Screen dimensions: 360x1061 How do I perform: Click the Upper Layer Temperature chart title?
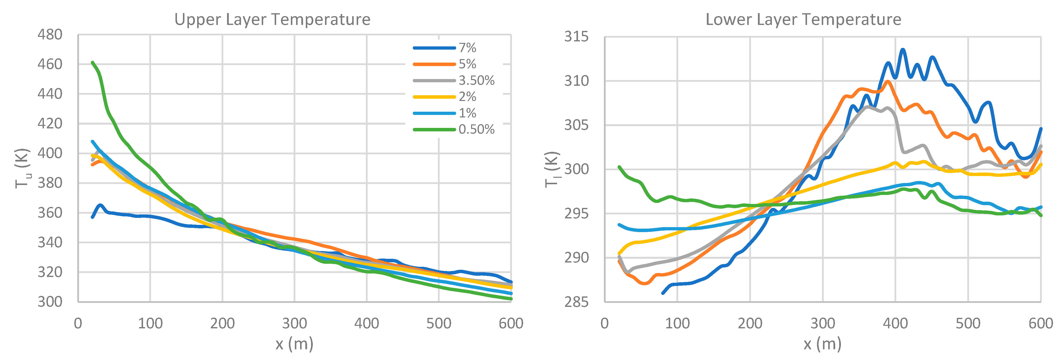pyautogui.click(x=272, y=19)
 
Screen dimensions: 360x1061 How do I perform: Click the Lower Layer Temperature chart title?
pyautogui.click(x=803, y=19)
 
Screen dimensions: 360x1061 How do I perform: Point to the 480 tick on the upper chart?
pyautogui.click(x=50, y=35)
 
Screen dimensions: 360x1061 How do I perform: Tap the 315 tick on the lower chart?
pyautogui.click(x=576, y=37)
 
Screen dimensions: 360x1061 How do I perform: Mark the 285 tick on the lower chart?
pyautogui.click(x=576, y=302)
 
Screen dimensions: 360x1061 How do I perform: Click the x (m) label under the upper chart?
pyautogui.click(x=294, y=344)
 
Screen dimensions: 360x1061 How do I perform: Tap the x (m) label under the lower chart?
pyautogui.click(x=822, y=344)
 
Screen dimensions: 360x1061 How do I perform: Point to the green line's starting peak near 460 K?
pyautogui.click(x=92, y=63)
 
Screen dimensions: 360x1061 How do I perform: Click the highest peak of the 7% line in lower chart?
pyautogui.click(x=902, y=50)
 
